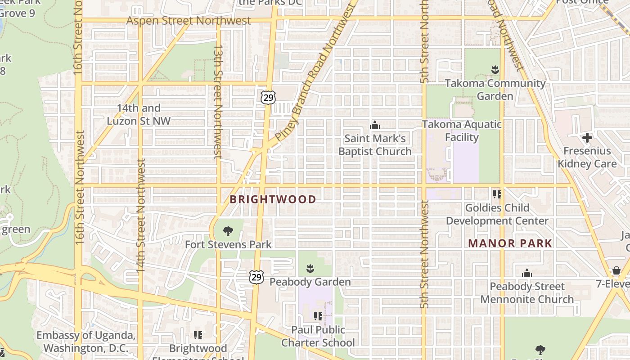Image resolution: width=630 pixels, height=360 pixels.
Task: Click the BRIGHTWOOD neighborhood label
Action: point(273,199)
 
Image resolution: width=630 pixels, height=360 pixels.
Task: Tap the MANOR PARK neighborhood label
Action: point(510,243)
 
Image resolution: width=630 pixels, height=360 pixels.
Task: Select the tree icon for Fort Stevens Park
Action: point(228,231)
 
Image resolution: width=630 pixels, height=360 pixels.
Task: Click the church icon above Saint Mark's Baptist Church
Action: point(374,125)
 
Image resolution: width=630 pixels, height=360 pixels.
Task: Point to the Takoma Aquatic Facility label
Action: point(462,130)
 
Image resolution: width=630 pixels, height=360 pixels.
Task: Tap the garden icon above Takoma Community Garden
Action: point(495,70)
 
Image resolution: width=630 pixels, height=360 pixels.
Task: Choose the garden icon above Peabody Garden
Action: point(310,269)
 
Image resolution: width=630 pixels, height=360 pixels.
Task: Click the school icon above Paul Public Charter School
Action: point(318,316)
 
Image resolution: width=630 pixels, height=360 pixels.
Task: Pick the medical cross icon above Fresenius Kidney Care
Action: point(587,137)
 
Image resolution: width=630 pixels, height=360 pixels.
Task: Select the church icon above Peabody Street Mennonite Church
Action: point(527,273)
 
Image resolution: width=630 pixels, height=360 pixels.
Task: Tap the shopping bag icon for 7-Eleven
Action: point(616,270)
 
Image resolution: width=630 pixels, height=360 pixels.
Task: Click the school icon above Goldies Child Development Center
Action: point(497,194)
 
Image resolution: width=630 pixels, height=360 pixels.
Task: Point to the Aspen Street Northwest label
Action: point(188,21)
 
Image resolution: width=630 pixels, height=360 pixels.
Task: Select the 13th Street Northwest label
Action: point(218,101)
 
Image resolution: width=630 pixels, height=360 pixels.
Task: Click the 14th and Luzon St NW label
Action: point(139,114)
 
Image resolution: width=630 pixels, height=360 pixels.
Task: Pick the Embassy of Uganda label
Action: point(85,342)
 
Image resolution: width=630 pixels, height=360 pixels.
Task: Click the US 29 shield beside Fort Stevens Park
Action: point(256,277)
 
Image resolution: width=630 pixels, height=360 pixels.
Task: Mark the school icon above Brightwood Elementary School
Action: point(198,335)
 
